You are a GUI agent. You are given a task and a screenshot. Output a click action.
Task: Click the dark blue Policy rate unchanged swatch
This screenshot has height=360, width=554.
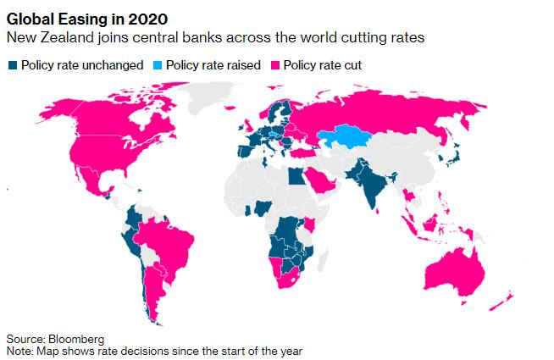pyautogui.click(x=12, y=64)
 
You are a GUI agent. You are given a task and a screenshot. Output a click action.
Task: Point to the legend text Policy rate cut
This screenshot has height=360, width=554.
pyautogui.click(x=318, y=64)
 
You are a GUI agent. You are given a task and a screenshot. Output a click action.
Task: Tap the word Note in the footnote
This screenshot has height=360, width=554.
pyautogui.click(x=18, y=350)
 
